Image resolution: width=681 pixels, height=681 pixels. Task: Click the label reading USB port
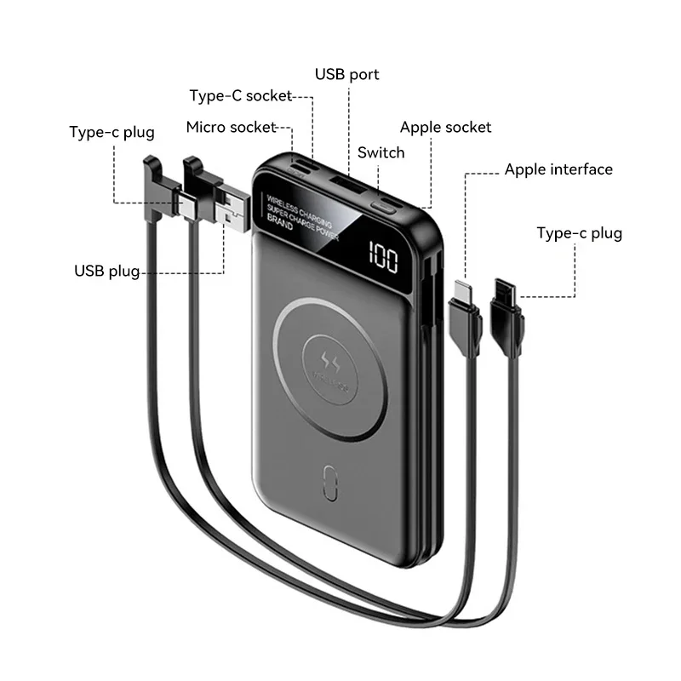[x=347, y=74]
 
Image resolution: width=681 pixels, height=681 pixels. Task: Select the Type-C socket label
[x=241, y=95]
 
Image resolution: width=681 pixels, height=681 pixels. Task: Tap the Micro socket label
[x=232, y=128]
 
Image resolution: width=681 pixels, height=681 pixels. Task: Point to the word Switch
[x=381, y=153]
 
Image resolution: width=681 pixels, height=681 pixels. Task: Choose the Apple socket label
[x=446, y=128]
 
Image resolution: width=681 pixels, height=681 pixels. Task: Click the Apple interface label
[x=558, y=169]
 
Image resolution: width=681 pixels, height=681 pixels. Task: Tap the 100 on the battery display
[x=384, y=255]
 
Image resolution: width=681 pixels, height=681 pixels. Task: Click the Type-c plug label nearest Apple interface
[x=579, y=233]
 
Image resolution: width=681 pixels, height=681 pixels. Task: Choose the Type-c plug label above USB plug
[x=112, y=132]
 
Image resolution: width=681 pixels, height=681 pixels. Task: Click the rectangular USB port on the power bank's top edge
[x=345, y=186]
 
